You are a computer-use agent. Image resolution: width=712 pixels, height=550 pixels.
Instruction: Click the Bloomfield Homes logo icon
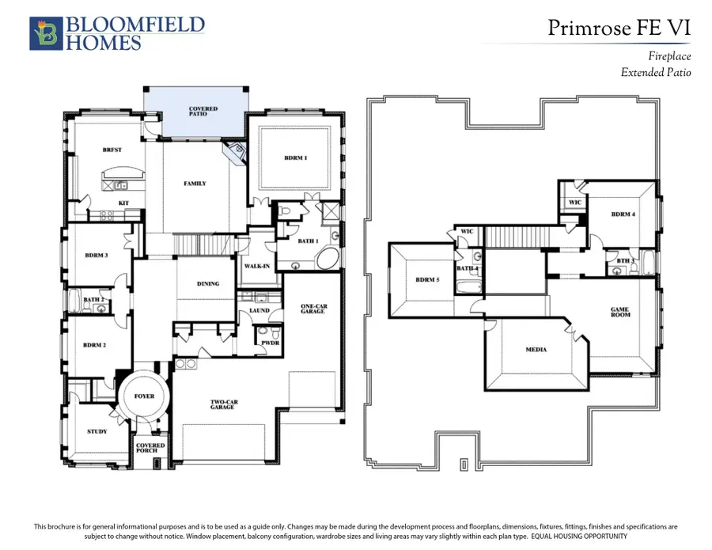[x=46, y=33]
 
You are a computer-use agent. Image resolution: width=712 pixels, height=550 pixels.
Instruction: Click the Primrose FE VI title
[x=619, y=28]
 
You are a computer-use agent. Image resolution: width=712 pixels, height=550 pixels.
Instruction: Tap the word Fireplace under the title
[x=669, y=56]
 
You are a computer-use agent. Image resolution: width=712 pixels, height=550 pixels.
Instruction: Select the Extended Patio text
[x=656, y=72]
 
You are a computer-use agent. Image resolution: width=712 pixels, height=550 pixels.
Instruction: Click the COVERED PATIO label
[x=203, y=112]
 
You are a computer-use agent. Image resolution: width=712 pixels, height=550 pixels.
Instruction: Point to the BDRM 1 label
[x=296, y=158]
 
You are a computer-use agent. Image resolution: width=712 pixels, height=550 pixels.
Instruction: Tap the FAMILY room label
[x=195, y=184]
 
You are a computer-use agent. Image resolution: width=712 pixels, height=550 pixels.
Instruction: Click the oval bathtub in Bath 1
[x=328, y=259]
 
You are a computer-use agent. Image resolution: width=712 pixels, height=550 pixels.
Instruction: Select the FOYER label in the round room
[x=145, y=396]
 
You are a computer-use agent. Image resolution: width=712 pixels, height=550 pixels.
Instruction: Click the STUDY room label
[x=97, y=431]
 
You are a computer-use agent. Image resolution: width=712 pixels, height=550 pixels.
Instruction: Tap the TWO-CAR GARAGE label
[x=224, y=404]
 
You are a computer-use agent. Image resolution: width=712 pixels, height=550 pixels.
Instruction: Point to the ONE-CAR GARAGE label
[x=314, y=309]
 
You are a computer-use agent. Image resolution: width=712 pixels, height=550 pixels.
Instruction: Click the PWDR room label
[x=271, y=343]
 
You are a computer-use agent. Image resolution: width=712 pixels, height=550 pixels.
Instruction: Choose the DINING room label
[x=208, y=284]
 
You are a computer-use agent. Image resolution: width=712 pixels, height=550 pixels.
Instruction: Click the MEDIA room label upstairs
[x=536, y=350]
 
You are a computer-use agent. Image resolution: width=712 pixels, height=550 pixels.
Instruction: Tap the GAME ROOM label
[x=619, y=312]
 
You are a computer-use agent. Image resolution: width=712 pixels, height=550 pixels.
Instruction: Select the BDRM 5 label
[x=427, y=280]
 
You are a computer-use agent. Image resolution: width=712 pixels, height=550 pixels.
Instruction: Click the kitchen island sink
[x=120, y=185]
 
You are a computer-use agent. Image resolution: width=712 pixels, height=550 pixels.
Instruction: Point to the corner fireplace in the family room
[x=235, y=153]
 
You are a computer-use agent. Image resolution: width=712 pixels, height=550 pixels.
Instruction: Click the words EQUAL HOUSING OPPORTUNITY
[x=579, y=537]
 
